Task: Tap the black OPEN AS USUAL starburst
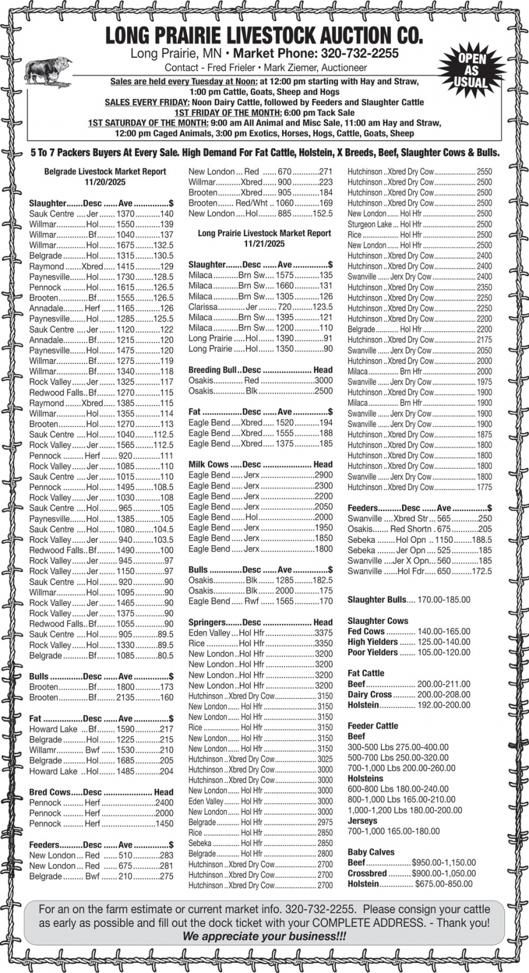471,70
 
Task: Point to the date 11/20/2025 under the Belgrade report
105,182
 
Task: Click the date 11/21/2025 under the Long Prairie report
264,243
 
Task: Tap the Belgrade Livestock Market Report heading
105,171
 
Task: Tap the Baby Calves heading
371,852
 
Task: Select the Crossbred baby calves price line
411,873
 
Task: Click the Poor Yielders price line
408,652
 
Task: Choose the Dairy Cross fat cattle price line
409,694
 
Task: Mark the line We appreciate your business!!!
264,936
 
